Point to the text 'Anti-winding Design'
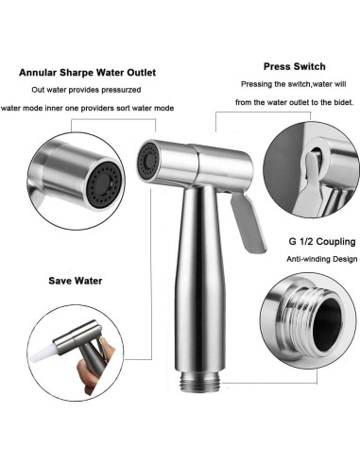301,232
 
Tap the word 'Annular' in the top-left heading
38,72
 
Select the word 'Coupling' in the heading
317,215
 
